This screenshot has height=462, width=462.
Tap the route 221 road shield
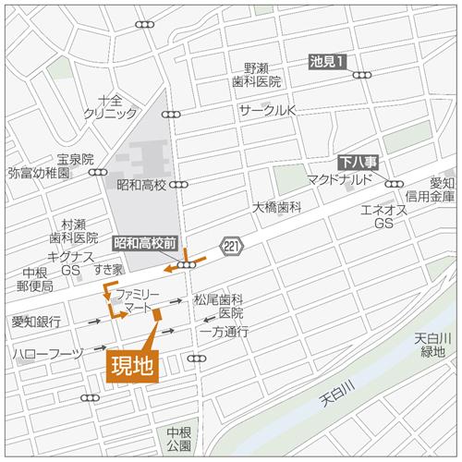tap(230, 243)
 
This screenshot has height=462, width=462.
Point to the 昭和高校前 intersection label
tap(145, 244)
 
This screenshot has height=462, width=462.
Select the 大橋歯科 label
tap(277, 207)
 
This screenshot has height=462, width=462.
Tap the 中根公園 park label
tap(178, 440)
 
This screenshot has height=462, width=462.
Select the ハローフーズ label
tap(48, 354)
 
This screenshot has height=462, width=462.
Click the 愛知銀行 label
tap(37, 322)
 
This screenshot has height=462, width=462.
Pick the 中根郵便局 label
tap(36, 279)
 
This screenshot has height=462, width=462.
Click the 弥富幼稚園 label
tap(39, 173)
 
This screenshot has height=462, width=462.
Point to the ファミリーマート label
tap(140, 298)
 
